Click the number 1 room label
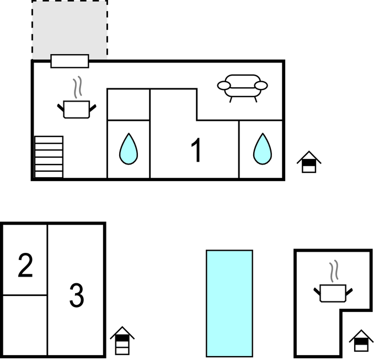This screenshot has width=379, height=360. (x=196, y=150)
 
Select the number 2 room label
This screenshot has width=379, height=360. (x=25, y=265)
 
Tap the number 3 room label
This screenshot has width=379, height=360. (x=77, y=295)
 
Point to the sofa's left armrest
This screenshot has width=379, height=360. (x=224, y=86)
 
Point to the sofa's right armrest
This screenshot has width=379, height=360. (x=261, y=86)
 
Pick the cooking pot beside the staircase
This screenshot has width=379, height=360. (x=77, y=109)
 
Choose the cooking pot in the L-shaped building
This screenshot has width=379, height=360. (x=333, y=293)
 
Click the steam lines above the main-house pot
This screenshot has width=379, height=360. (x=77, y=87)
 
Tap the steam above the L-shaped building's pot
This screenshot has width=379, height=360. (x=334, y=271)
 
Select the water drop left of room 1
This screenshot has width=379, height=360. (x=129, y=149)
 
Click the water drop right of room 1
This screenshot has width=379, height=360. (x=263, y=149)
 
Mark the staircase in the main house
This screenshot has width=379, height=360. (x=49, y=157)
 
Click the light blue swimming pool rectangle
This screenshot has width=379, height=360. (x=229, y=303)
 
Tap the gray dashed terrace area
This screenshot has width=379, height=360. (x=70, y=29)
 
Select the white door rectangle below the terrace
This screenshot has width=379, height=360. (x=70, y=61)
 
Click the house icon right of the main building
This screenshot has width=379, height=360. (x=309, y=162)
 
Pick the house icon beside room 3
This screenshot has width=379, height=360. (x=122, y=341)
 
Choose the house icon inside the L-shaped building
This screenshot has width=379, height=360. (x=361, y=341)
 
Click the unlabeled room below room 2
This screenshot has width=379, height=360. (x=25, y=325)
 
